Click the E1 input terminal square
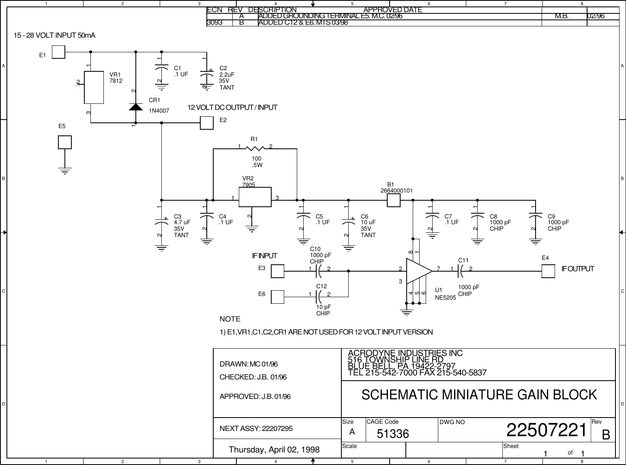click(x=58, y=52)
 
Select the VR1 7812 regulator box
click(x=94, y=88)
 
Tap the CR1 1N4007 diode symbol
click(x=135, y=107)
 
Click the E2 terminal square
click(x=207, y=123)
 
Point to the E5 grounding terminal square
click(x=65, y=142)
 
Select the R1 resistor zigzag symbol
click(x=255, y=148)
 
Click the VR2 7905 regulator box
click(x=255, y=197)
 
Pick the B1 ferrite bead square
click(x=394, y=200)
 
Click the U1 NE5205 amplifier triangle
click(x=418, y=271)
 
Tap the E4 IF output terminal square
click(x=548, y=271)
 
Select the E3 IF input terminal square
click(x=278, y=271)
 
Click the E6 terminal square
click(x=278, y=297)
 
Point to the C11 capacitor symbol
click(x=461, y=271)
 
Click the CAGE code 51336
click(x=393, y=434)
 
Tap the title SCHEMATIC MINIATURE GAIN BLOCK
click(x=479, y=394)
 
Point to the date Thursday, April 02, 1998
click(x=274, y=450)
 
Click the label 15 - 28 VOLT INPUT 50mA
click(x=55, y=36)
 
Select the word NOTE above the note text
click(x=230, y=319)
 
